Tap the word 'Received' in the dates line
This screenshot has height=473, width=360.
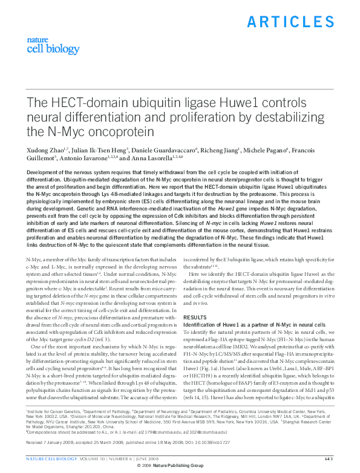(36, 443)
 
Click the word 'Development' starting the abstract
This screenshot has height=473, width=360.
(45, 172)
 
